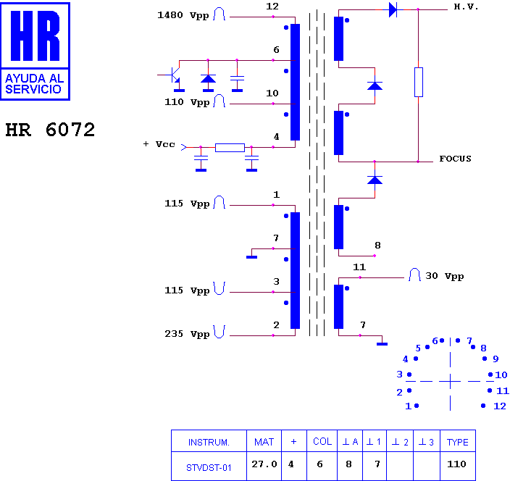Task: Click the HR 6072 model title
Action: [x=50, y=130]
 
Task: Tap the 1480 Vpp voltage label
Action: [x=183, y=15]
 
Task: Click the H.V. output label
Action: [x=466, y=7]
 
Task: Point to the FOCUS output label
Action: [x=455, y=159]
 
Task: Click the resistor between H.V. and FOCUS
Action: [x=419, y=83]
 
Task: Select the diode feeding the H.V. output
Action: [x=393, y=9]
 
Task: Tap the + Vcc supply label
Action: [x=159, y=144]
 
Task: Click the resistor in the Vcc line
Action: [x=230, y=148]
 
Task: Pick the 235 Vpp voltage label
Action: [x=187, y=334]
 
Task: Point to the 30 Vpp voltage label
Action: [x=445, y=276]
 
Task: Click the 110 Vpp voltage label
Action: [x=187, y=102]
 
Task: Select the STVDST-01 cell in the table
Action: [x=209, y=468]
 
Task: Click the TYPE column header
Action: [x=458, y=443]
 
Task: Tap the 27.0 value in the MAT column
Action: [x=264, y=464]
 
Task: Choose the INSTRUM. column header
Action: [x=209, y=443]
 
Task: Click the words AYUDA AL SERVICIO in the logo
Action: [x=35, y=83]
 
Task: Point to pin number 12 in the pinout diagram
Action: [x=500, y=406]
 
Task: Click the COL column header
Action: [x=322, y=442]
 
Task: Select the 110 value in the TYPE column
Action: [x=456, y=464]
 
